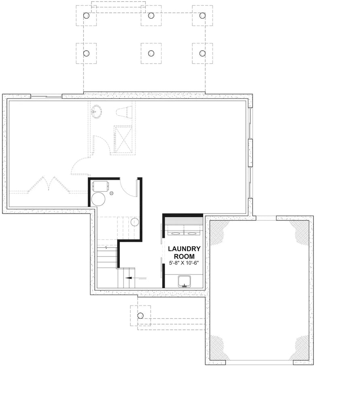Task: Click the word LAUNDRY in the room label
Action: [x=184, y=249]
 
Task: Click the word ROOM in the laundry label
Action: [x=184, y=256]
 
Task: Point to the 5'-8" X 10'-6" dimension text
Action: [x=184, y=263]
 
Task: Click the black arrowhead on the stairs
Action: [x=128, y=278]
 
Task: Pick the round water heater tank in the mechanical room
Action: [x=98, y=199]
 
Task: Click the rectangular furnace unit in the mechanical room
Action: [x=101, y=186]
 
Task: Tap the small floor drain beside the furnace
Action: [x=112, y=193]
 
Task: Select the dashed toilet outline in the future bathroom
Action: [x=124, y=111]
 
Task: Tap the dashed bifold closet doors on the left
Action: [x=49, y=184]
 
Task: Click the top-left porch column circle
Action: [x=86, y=16]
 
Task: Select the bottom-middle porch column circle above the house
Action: [x=151, y=53]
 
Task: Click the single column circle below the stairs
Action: [x=141, y=316]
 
